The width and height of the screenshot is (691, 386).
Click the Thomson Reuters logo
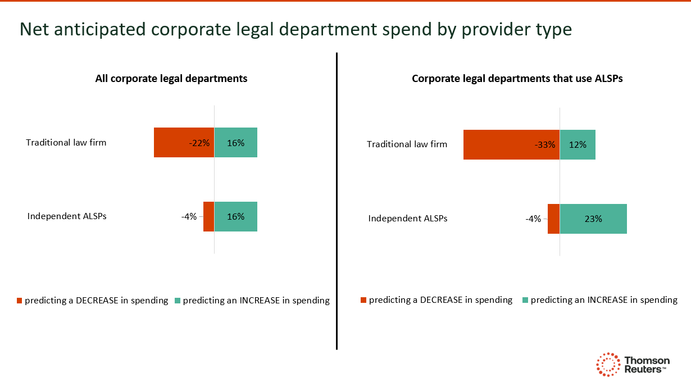point(632,365)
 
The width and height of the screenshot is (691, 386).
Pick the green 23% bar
point(593,219)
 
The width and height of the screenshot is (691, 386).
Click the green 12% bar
point(578,144)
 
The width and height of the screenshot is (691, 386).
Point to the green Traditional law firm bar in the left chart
point(236,142)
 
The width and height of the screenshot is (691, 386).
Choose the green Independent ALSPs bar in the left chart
point(236,216)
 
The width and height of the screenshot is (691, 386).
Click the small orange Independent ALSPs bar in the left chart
point(209,216)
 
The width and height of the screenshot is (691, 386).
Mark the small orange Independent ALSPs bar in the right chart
point(553,219)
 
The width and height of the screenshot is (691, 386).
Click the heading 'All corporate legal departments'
point(171,79)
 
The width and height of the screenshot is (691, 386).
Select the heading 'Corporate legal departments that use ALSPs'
point(517,79)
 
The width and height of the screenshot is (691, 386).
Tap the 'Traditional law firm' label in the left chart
point(66,142)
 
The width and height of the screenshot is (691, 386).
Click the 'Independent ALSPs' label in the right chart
point(408,218)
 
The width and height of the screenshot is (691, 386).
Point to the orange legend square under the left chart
point(20,301)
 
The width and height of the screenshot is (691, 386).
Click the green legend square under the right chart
point(526,301)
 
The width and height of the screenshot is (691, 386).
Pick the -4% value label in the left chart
point(189,216)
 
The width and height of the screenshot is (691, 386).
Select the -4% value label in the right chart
point(533,219)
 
